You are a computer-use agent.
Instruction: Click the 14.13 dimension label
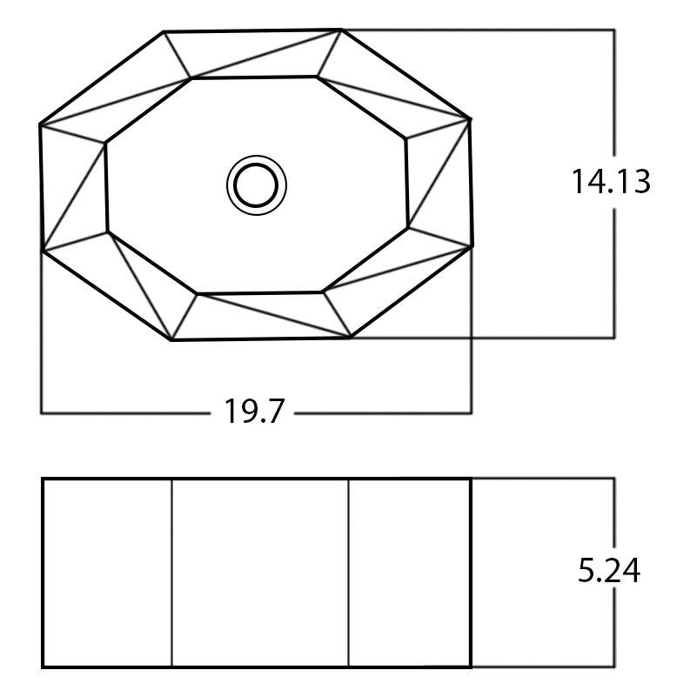[x=611, y=182]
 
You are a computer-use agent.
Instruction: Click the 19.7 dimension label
[x=255, y=411]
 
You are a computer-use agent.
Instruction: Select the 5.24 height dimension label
[x=609, y=571]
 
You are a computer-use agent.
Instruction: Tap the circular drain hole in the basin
[x=257, y=184]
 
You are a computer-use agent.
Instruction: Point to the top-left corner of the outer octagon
[x=164, y=33]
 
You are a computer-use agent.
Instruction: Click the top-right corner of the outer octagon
[x=342, y=30]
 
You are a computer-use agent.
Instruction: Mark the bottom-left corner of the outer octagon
[x=172, y=340]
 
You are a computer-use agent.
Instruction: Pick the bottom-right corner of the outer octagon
[x=351, y=337]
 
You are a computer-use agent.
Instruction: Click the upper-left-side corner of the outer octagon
[x=40, y=125]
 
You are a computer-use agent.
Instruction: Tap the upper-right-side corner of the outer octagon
[x=471, y=118]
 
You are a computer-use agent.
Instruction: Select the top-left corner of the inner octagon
[x=191, y=79]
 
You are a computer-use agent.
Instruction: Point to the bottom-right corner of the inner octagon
[x=322, y=292]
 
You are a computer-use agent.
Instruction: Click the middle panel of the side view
[x=260, y=573]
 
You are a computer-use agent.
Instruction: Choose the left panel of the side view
[x=107, y=573]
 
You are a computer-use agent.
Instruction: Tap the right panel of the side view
[x=409, y=573]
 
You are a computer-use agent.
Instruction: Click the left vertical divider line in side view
[x=171, y=573]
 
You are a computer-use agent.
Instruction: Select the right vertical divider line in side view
[x=349, y=573]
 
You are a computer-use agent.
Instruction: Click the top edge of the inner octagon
[x=254, y=77]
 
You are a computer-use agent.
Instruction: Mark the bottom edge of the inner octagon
[x=259, y=292]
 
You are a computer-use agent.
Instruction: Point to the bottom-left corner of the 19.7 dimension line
[x=42, y=412]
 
